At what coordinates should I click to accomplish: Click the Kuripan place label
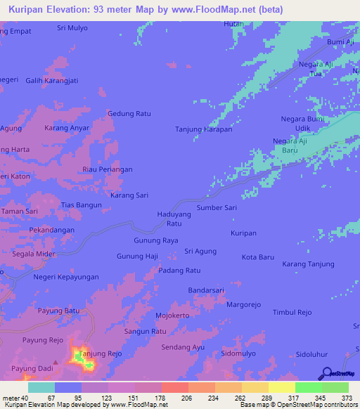pos(243,232)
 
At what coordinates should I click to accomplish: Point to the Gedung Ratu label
pos(129,113)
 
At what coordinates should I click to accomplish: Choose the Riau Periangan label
pos(107,169)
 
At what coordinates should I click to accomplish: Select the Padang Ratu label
pos(179,270)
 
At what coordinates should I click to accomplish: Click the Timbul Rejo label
pos(292,312)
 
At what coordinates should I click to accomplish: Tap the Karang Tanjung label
pos(307,264)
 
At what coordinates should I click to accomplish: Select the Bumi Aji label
pos(340,42)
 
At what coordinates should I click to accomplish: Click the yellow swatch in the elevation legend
pos(281,387)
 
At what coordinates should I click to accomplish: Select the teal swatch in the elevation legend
pos(41,387)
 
